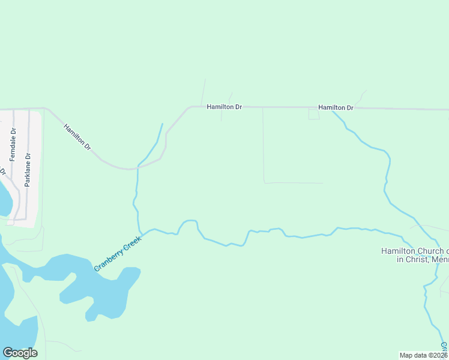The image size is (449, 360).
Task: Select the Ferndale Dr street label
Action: pyautogui.click(x=13, y=145)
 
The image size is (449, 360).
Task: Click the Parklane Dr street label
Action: pyautogui.click(x=27, y=170)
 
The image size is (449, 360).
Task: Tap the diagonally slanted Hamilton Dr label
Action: pyautogui.click(x=77, y=137)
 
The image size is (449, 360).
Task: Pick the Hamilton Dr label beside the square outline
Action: pyautogui.click(x=336, y=107)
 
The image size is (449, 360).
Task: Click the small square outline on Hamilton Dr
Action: pyautogui.click(x=314, y=114)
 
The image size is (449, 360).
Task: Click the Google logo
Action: pyautogui.click(x=20, y=353)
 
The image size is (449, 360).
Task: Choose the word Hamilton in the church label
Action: pyautogui.click(x=397, y=251)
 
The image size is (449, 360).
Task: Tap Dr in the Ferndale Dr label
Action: pyautogui.click(x=13, y=131)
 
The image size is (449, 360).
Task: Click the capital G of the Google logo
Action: pyautogui.click(x=8, y=352)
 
